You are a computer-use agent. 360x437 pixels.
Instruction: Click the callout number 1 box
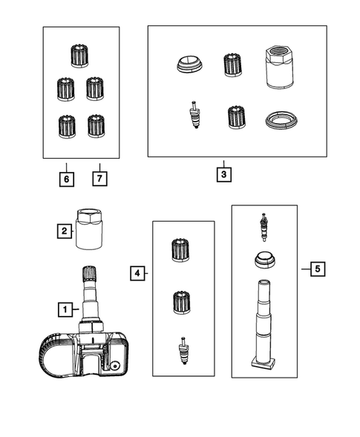65,308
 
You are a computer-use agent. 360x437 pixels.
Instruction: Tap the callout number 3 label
223,175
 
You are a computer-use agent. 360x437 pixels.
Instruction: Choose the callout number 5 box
316,269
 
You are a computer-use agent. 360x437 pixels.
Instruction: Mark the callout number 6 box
66,179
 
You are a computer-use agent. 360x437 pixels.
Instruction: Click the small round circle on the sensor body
117,367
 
